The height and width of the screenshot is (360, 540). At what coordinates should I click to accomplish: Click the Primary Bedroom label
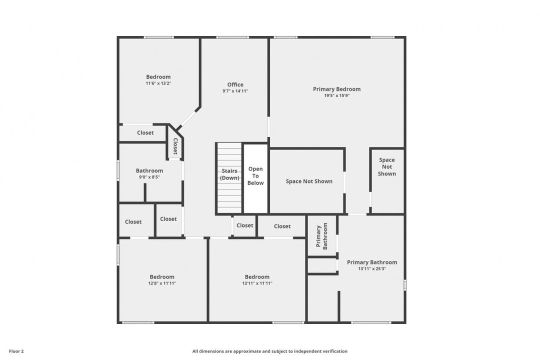click(x=336, y=89)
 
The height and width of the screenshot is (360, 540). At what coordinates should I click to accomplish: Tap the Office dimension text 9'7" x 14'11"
click(x=235, y=91)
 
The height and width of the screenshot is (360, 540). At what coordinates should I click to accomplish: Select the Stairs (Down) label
click(x=229, y=174)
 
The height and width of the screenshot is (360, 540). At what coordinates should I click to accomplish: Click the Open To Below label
click(x=255, y=176)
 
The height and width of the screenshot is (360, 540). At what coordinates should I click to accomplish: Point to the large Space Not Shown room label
click(x=308, y=181)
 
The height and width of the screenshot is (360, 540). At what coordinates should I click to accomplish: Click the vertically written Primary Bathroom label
click(x=321, y=236)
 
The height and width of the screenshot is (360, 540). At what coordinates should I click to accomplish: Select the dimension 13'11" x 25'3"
click(x=372, y=268)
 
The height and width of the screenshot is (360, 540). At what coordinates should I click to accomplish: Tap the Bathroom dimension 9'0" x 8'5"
click(x=149, y=176)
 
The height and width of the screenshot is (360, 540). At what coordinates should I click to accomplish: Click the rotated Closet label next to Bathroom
click(x=175, y=145)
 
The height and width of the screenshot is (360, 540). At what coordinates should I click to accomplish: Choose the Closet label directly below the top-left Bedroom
click(x=145, y=132)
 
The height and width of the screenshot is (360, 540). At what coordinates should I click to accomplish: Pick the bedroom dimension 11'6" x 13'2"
click(x=158, y=83)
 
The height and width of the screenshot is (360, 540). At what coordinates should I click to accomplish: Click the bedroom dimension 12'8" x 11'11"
click(x=162, y=283)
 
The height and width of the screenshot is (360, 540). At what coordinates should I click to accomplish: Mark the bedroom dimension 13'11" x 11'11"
click(x=257, y=283)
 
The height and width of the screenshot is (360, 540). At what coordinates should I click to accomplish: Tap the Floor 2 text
click(x=16, y=351)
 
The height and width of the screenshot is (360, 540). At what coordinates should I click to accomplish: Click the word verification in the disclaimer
click(x=333, y=351)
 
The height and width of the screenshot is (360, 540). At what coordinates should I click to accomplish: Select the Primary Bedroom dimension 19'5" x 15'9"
click(x=336, y=95)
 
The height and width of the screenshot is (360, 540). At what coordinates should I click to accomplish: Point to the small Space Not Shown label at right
click(x=386, y=167)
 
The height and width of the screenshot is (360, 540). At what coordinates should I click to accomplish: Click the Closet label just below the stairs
click(x=244, y=225)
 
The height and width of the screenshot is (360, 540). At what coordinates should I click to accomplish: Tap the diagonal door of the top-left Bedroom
click(x=187, y=118)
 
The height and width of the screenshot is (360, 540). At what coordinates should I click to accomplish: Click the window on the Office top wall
click(x=232, y=37)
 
